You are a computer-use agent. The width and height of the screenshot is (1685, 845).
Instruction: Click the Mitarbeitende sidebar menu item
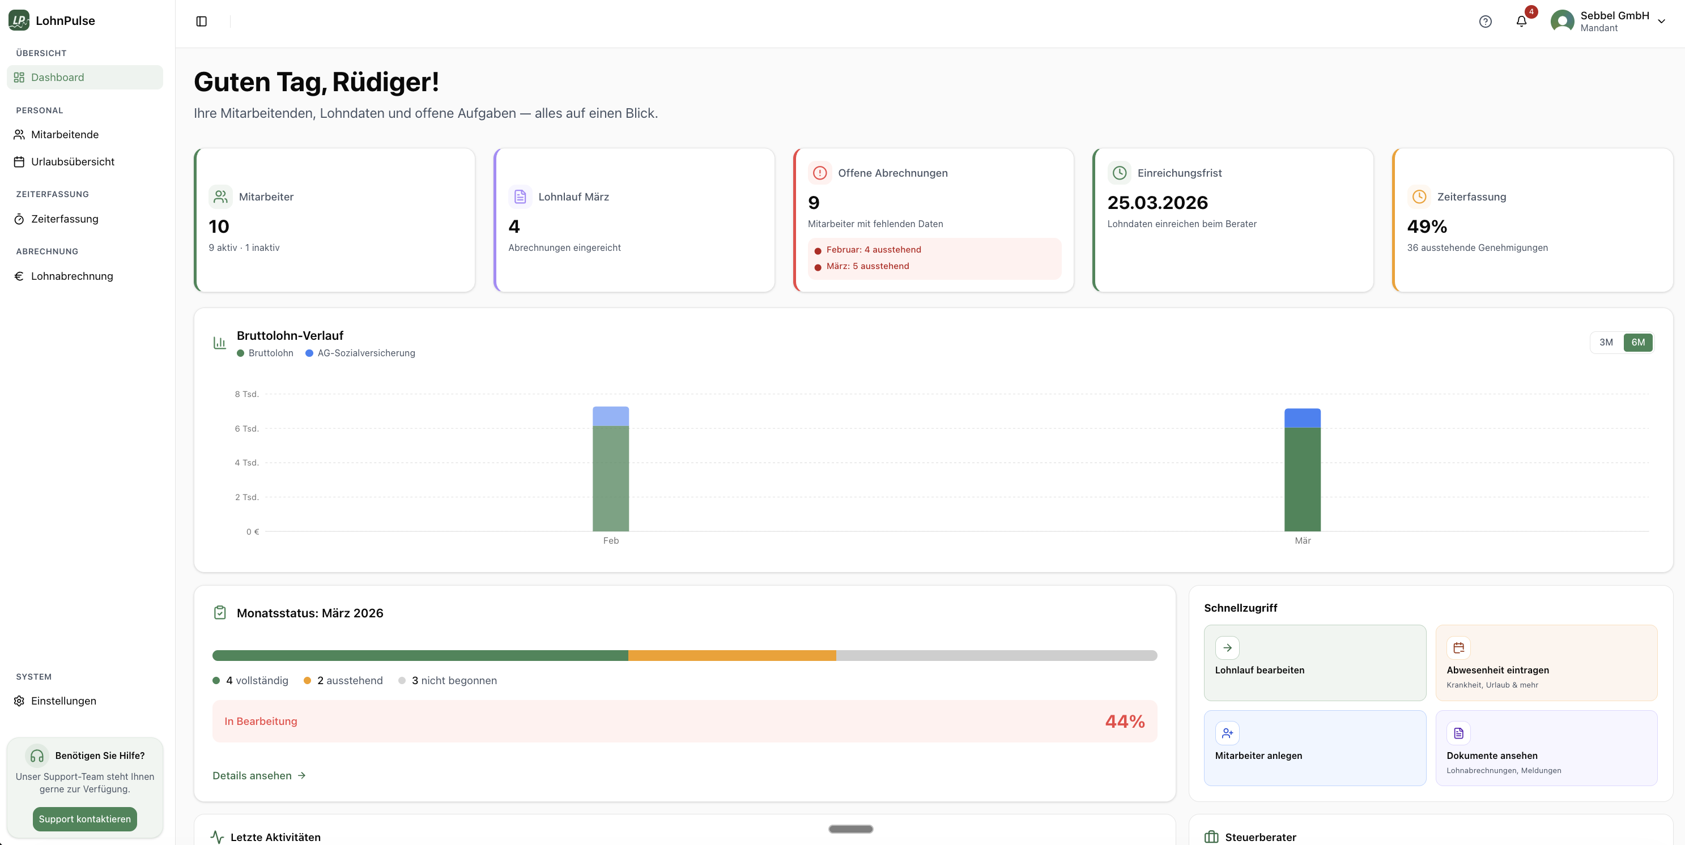[64, 135]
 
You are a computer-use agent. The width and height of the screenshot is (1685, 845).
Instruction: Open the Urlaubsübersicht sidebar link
[72, 161]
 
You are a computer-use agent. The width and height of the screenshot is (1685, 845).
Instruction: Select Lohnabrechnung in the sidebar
[71, 276]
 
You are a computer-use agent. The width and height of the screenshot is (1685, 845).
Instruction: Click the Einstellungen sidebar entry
[63, 701]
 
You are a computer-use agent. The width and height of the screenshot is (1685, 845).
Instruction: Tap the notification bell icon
[1521, 22]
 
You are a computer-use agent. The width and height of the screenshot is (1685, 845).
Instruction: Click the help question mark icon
[1486, 22]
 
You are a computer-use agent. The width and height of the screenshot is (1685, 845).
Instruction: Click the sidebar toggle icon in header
[202, 22]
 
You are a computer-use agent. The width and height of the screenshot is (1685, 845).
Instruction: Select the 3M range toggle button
[1606, 342]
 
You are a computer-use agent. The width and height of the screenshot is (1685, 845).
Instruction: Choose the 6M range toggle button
[1638, 342]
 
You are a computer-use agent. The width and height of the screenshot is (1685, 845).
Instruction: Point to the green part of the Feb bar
[610, 478]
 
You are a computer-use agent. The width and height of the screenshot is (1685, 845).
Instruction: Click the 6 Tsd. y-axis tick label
[246, 428]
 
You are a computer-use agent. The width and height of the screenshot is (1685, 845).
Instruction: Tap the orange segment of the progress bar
[731, 655]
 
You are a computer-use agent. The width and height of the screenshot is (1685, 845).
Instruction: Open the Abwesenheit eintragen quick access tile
[1546, 663]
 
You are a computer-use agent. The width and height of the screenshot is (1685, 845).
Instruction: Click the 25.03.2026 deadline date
[1157, 203]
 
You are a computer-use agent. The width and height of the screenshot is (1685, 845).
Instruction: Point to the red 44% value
[1125, 722]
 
